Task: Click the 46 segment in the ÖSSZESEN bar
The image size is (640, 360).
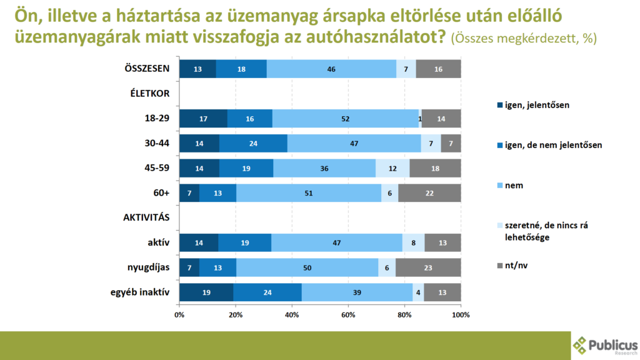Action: tap(331, 69)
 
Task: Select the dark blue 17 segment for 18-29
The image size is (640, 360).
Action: tap(203, 118)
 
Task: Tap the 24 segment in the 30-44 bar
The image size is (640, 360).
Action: tap(253, 143)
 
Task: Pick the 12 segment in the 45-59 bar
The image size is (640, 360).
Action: tap(392, 168)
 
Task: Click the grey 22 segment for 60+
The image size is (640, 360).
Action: tap(429, 193)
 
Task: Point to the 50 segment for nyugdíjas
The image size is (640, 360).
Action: tap(307, 267)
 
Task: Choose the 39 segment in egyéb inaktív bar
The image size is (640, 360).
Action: tap(357, 292)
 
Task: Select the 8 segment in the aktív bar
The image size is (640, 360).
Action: tap(413, 242)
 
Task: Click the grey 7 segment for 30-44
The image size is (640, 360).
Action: tap(451, 143)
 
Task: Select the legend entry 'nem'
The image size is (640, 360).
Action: tap(514, 186)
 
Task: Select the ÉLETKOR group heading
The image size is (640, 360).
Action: tap(150, 94)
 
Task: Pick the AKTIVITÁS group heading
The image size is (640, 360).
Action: tap(147, 218)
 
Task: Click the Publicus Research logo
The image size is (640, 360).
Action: tap(605, 346)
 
